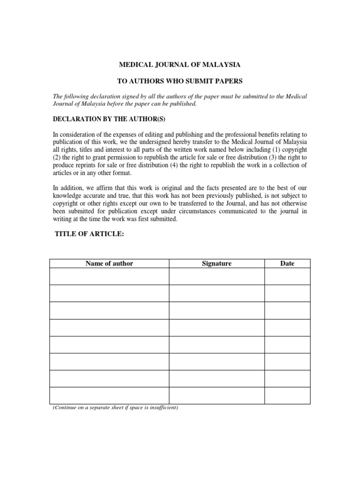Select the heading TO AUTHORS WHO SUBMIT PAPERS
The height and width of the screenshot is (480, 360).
click(x=180, y=81)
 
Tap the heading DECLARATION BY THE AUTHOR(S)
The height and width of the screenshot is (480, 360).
click(x=109, y=119)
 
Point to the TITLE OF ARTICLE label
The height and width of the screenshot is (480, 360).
click(x=90, y=234)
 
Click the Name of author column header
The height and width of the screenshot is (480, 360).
click(x=109, y=263)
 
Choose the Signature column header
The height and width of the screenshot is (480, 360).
click(x=217, y=263)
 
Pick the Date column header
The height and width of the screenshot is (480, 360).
click(x=287, y=263)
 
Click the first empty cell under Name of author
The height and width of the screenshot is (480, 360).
click(x=109, y=276)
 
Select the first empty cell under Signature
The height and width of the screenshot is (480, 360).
click(x=217, y=276)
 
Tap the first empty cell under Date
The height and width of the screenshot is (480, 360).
click(x=287, y=276)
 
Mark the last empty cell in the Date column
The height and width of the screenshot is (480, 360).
click(x=287, y=395)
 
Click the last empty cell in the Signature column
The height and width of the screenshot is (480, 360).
click(x=217, y=395)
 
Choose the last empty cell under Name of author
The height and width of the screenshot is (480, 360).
click(x=109, y=395)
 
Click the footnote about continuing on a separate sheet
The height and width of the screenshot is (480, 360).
click(x=115, y=408)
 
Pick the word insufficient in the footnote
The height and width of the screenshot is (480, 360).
click(x=161, y=408)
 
